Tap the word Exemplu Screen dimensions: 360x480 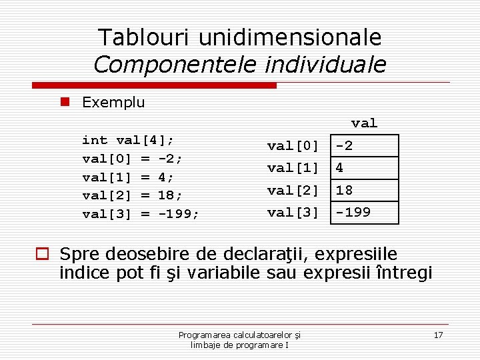tap(113, 102)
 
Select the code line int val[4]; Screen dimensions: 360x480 tap(128, 140)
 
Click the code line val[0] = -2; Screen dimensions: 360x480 tap(132, 159)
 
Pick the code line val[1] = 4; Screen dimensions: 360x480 tap(128, 177)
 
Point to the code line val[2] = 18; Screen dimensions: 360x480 tap(132, 195)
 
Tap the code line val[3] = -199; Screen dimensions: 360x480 tap(141, 214)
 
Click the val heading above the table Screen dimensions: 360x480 tap(364, 123)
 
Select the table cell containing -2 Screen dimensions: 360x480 tap(365, 146)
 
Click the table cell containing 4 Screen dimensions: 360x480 tap(365, 168)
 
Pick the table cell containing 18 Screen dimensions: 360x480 tap(365, 190)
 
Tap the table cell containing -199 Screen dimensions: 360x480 tap(365, 213)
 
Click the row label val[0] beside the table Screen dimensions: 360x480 tap(293, 146)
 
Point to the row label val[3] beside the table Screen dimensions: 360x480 tap(293, 213)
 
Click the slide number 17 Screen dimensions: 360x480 tap(438, 335)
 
